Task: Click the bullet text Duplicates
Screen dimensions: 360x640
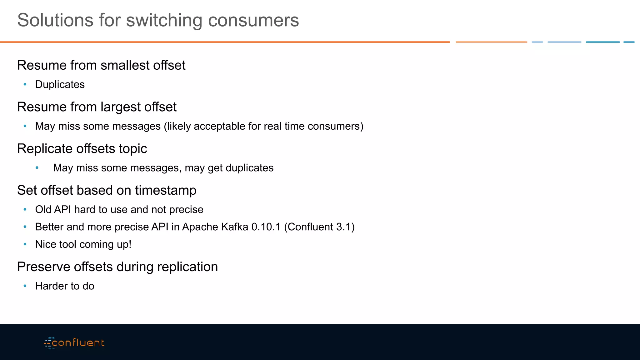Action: point(60,84)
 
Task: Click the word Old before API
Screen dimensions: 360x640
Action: point(43,209)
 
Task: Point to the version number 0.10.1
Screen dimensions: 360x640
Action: point(266,227)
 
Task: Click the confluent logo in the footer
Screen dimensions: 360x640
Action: point(74,343)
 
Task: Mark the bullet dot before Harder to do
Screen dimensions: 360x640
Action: point(25,286)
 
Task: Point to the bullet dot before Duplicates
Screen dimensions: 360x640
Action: point(25,84)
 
